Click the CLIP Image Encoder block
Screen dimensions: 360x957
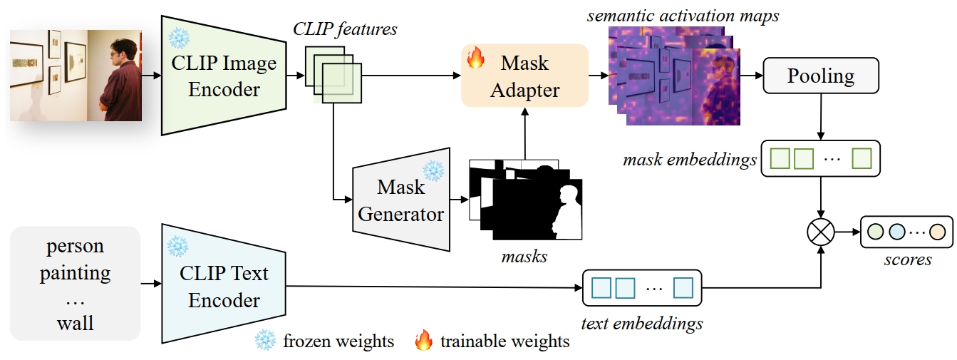pyautogui.click(x=222, y=75)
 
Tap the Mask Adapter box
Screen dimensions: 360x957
pyautogui.click(x=524, y=76)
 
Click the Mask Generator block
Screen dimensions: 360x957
pyautogui.click(x=401, y=200)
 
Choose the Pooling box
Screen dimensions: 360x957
pyautogui.click(x=820, y=76)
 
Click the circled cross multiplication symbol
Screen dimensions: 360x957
pyautogui.click(x=821, y=232)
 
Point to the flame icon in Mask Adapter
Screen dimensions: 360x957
pyautogui.click(x=475, y=58)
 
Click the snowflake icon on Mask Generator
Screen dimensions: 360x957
pyautogui.click(x=433, y=170)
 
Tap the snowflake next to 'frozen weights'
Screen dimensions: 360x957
pyautogui.click(x=265, y=341)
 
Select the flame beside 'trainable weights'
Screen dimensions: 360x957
pyautogui.click(x=424, y=341)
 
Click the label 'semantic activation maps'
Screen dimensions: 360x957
pyautogui.click(x=683, y=15)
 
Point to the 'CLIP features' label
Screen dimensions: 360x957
pyautogui.click(x=345, y=30)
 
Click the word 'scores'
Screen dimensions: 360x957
pyautogui.click(x=908, y=259)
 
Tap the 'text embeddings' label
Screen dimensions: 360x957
pyautogui.click(x=641, y=324)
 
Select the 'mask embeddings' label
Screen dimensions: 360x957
pyautogui.click(x=689, y=160)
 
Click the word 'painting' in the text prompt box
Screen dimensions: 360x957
pyautogui.click(x=75, y=273)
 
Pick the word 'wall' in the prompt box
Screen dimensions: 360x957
pyautogui.click(x=75, y=324)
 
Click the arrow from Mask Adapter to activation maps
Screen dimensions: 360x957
pyautogui.click(x=598, y=75)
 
